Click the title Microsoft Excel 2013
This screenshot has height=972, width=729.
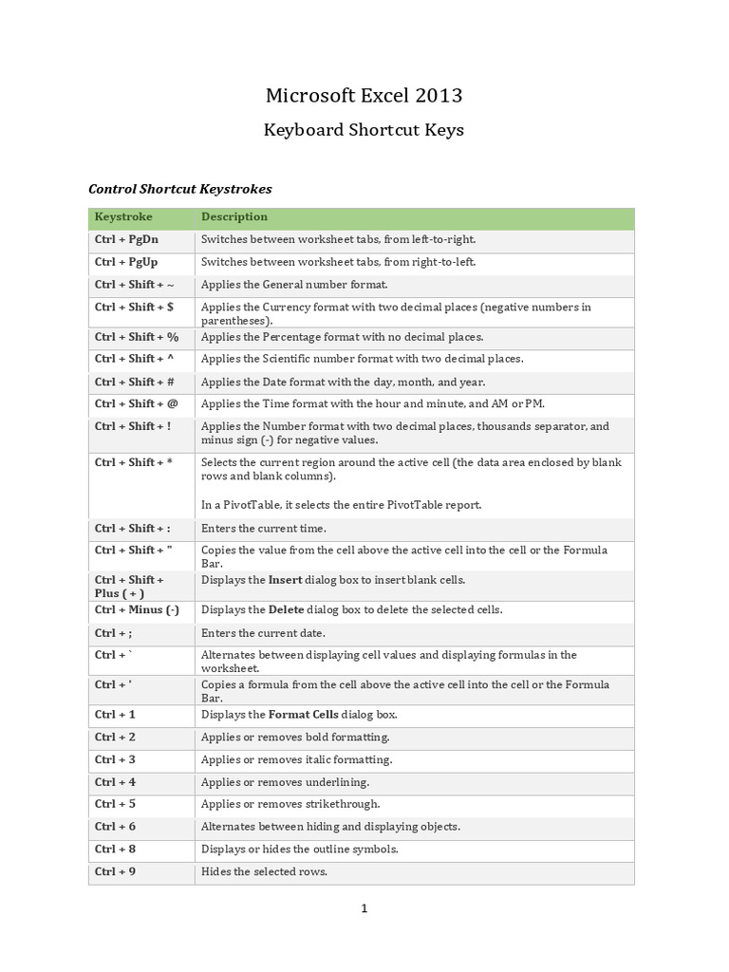(364, 95)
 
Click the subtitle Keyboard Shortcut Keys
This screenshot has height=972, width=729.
(364, 130)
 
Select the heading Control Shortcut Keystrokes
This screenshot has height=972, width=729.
(180, 189)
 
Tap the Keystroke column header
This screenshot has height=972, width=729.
(123, 217)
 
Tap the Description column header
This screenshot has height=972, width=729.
(234, 217)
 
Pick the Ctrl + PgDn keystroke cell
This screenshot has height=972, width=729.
(126, 240)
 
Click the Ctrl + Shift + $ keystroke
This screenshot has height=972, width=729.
(134, 307)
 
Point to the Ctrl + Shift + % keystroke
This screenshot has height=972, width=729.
(137, 337)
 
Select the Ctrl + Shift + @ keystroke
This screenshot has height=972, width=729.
(137, 404)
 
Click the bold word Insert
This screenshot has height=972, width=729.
(285, 580)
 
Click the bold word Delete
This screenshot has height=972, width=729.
(286, 610)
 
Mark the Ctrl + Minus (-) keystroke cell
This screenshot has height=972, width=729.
(137, 610)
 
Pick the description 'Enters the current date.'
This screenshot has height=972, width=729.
(263, 633)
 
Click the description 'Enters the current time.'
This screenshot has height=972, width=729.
(263, 529)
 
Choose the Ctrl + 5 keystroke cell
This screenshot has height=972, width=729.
(115, 804)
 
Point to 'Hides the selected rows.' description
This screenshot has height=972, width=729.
(264, 871)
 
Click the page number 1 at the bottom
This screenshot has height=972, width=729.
(364, 908)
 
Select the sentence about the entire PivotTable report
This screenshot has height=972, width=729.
(341, 505)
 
